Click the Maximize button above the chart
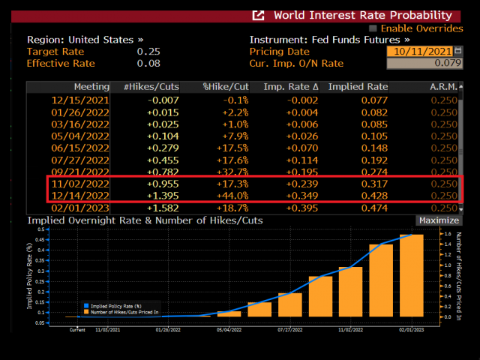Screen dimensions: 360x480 point(439,220)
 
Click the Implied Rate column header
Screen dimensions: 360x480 point(358,87)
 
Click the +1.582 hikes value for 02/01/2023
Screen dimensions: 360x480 point(160,207)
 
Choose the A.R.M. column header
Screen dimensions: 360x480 point(442,87)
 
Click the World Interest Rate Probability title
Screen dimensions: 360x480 point(362,15)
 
